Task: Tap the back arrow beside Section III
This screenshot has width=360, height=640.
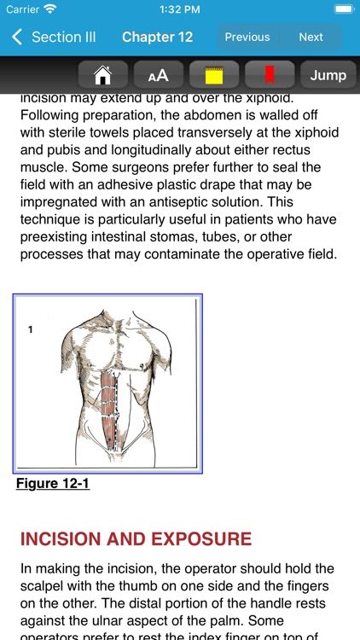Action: [17, 37]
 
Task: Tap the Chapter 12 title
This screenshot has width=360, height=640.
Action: [157, 37]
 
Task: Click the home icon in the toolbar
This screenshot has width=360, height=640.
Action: [102, 75]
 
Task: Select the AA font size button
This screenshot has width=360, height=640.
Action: [158, 75]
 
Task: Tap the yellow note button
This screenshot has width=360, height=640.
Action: [213, 75]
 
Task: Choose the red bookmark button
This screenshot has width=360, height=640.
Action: [269, 75]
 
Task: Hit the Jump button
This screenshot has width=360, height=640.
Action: [328, 75]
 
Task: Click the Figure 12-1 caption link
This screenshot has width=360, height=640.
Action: [53, 484]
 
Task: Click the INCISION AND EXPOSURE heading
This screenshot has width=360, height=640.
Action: [136, 539]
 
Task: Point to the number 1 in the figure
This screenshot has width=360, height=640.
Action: [31, 329]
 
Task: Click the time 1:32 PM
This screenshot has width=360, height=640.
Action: [179, 9]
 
